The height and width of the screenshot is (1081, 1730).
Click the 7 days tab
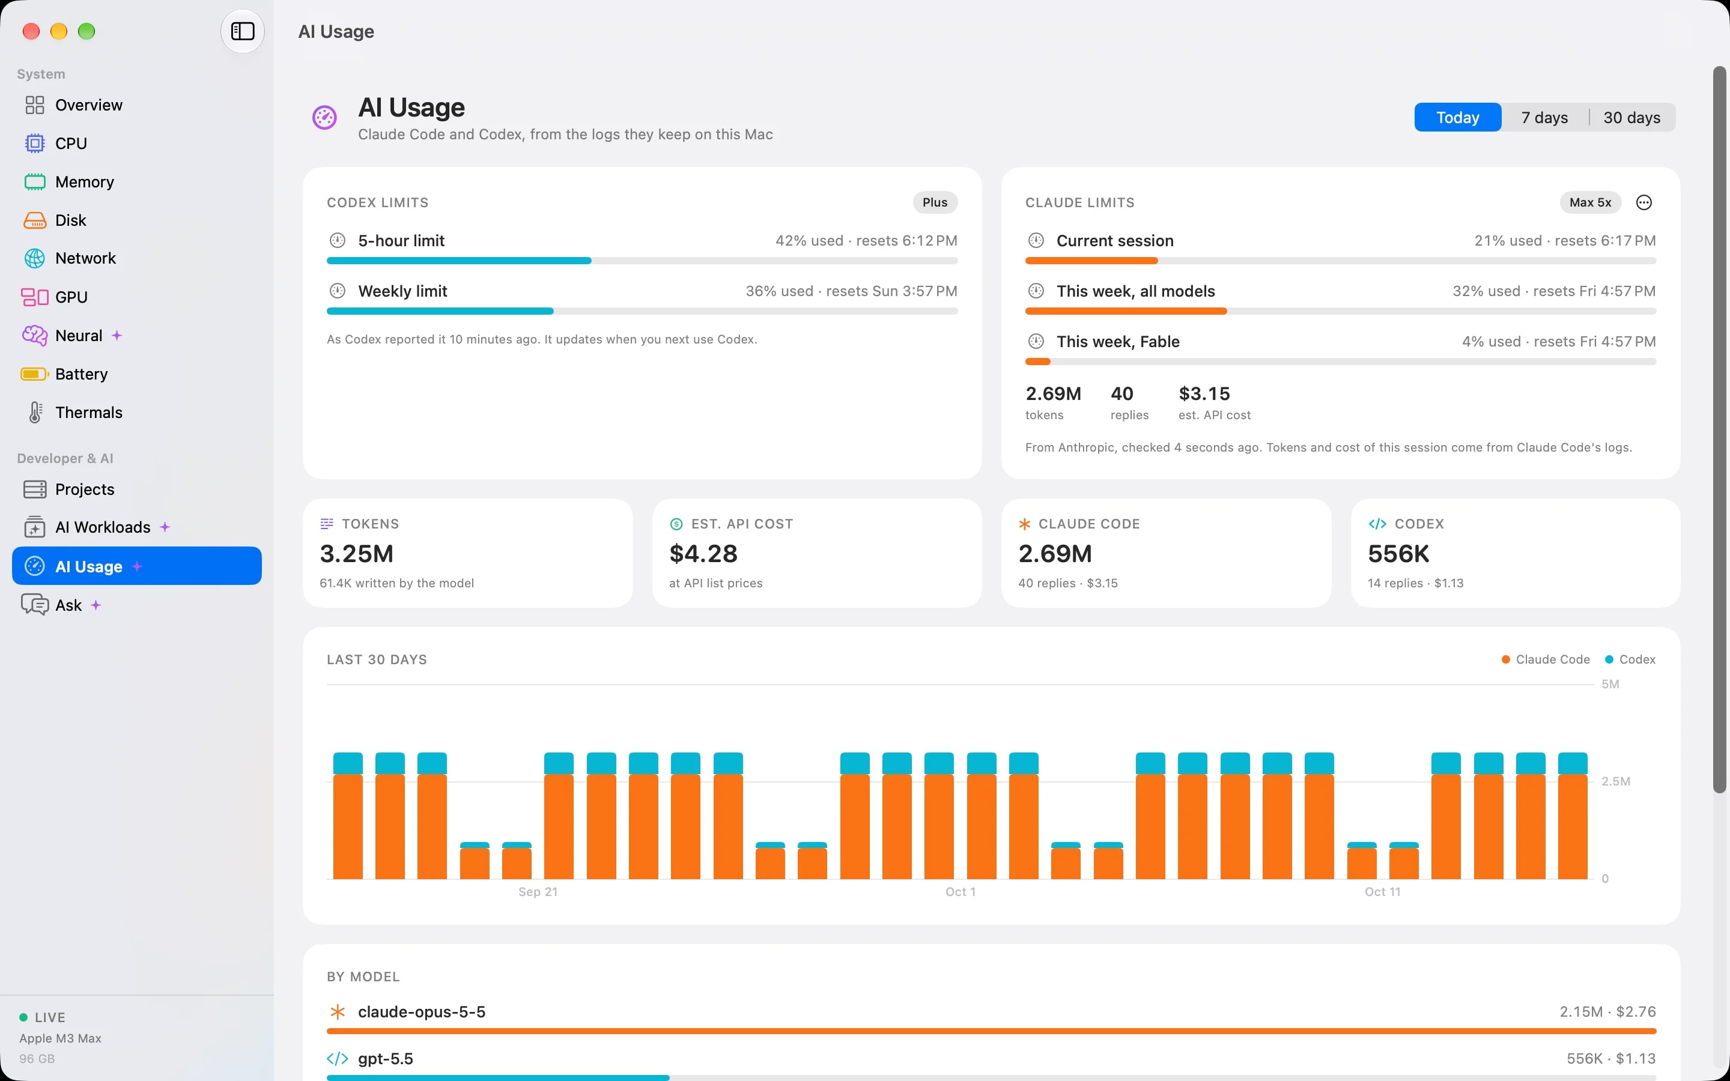pyautogui.click(x=1544, y=117)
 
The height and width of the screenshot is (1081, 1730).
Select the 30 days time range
pyautogui.click(x=1631, y=117)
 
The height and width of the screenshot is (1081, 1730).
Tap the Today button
pyautogui.click(x=1458, y=117)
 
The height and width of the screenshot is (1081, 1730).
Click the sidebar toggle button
pyautogui.click(x=242, y=31)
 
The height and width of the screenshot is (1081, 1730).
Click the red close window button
pyautogui.click(x=31, y=31)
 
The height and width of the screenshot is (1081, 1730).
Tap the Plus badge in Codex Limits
pyautogui.click(x=934, y=202)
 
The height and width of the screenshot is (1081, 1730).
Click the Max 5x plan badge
pyautogui.click(x=1590, y=202)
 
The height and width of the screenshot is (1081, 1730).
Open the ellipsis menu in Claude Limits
pyautogui.click(x=1643, y=202)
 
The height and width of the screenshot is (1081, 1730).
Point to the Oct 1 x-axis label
pyautogui.click(x=960, y=892)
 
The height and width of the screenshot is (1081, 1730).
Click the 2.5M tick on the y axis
pyautogui.click(x=1616, y=781)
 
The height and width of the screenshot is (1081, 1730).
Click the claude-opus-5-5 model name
pyautogui.click(x=421, y=1012)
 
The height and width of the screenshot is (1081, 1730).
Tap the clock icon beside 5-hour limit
pyautogui.click(x=338, y=240)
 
